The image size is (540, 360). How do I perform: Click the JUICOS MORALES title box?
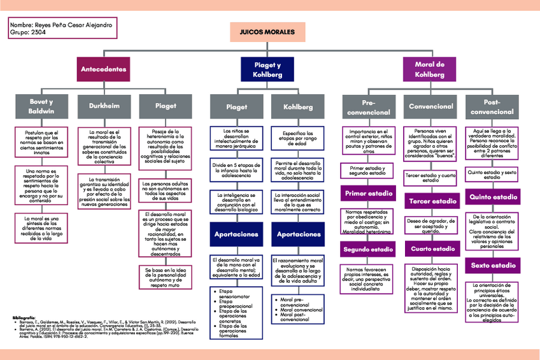pos(267,31)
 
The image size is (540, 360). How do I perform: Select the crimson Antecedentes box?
pos(103,69)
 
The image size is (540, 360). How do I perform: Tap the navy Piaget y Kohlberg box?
pos(267,69)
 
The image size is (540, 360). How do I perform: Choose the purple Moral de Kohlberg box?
pos(430,69)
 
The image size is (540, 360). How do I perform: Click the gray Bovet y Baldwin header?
pos(41,106)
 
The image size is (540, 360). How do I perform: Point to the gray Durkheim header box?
pos(103,106)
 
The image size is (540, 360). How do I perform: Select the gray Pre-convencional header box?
pos(367,106)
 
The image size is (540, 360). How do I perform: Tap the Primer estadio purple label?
pos(367,193)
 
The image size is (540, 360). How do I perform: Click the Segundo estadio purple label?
pos(367,249)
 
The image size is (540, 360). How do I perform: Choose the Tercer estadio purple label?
pos(430,201)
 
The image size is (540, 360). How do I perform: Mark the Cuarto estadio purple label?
pos(430,248)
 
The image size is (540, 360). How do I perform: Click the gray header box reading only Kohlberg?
pos(298,106)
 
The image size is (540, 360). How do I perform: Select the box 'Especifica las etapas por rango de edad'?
pos(298,138)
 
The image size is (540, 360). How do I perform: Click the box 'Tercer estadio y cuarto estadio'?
pos(430,177)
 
